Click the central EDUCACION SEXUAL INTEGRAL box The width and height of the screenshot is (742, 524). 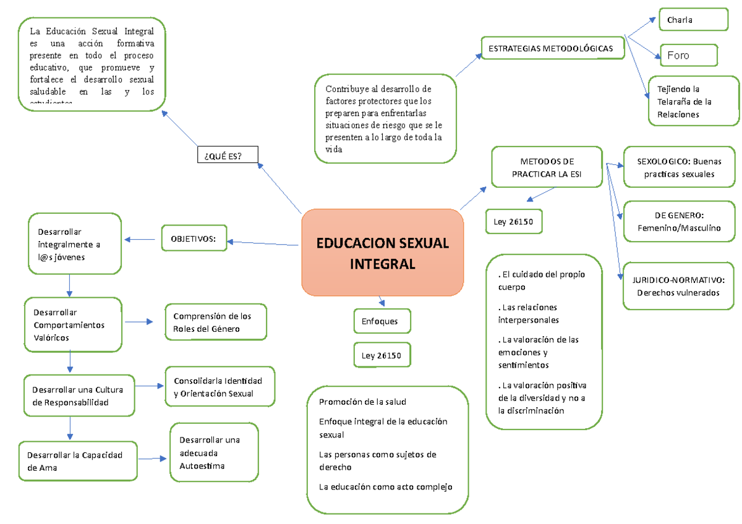pos(382,253)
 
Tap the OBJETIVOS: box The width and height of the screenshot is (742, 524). pos(194,238)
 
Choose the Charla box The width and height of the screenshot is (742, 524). pos(693,19)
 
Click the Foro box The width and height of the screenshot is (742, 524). pos(689,55)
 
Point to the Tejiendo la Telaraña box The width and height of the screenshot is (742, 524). pos(693,101)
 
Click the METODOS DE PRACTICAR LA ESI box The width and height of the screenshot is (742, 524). pos(547,167)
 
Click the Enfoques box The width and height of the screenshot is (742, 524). pos(382,321)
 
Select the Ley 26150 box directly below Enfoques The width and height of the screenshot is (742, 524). pos(382,355)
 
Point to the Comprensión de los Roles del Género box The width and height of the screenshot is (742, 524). pos(216,322)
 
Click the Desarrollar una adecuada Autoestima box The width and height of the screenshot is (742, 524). pos(214,452)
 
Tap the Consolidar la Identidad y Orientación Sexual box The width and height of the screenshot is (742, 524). pos(220,387)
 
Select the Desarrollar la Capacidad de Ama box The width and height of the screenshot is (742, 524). pos(78,461)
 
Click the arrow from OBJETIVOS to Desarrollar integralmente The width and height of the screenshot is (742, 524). pos(139,239)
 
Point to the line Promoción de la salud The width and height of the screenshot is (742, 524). pos(362,402)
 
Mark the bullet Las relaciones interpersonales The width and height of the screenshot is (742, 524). pos(529,313)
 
